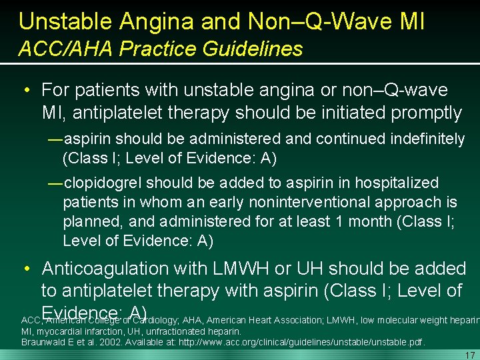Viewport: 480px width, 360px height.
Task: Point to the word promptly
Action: click(x=426, y=113)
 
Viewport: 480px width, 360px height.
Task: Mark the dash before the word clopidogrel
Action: click(x=55, y=183)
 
